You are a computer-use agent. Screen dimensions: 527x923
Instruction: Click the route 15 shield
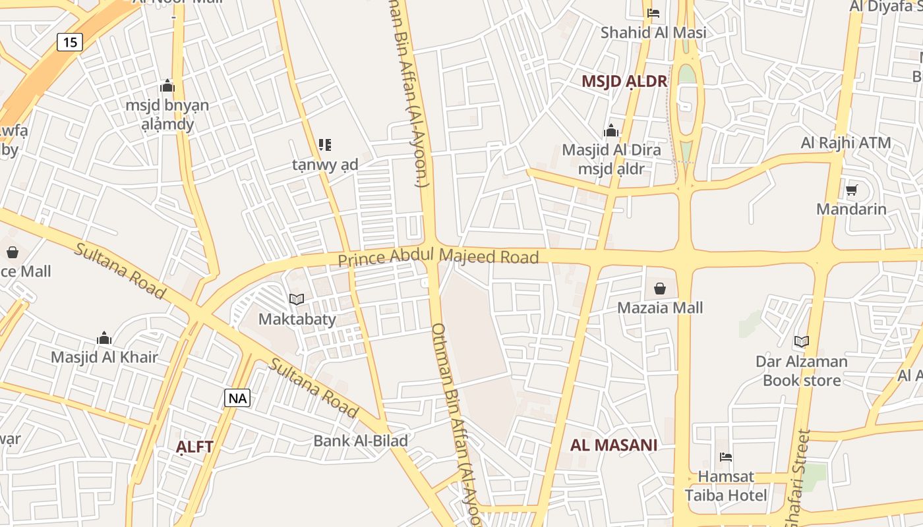coord(70,42)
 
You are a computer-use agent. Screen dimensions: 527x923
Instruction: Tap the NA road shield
coord(237,398)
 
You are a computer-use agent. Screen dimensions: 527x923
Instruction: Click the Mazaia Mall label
coord(660,308)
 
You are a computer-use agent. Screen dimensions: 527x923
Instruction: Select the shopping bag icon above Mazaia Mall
coord(659,289)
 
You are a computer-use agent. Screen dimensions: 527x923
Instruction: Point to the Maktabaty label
coord(297,319)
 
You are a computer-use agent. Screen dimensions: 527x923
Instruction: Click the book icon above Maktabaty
coord(297,300)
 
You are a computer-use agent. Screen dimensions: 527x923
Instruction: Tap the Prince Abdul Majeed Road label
coord(438,256)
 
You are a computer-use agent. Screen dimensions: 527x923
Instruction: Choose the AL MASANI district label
coord(613,445)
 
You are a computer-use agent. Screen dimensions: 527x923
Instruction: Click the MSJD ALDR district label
coord(624,82)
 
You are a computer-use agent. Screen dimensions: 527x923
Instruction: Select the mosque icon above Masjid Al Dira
coord(611,130)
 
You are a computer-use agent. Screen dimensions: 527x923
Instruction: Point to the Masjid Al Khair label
coord(104,358)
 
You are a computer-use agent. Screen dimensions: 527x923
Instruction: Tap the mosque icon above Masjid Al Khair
coord(104,339)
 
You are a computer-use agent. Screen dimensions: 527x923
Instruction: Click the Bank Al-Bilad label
coord(361,441)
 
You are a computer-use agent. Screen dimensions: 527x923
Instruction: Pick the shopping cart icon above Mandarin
coord(851,190)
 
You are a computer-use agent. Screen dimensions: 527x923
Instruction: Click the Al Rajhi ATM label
coord(846,143)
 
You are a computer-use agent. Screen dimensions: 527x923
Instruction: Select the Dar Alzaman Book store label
coord(802,371)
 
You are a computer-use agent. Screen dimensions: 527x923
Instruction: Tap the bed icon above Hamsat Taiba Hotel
coord(726,457)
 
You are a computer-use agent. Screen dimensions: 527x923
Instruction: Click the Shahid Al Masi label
coord(653,32)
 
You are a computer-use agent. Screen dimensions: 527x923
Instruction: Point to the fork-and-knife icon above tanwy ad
coord(324,144)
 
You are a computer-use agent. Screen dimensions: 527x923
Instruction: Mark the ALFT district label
coord(194,447)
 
